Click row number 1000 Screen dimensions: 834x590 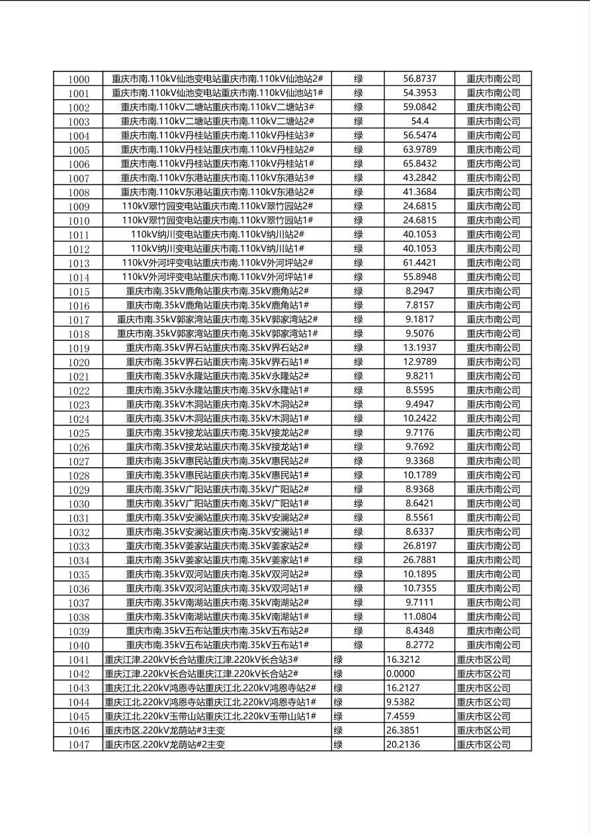pyautogui.click(x=79, y=79)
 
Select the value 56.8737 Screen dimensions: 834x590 pyautogui.click(x=419, y=79)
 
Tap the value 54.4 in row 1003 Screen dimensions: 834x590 pyautogui.click(x=419, y=121)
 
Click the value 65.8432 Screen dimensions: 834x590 pyautogui.click(x=419, y=163)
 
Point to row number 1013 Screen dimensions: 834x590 pyautogui.click(x=79, y=263)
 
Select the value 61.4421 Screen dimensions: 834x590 pyautogui.click(x=419, y=262)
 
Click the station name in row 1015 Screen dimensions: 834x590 pyautogui.click(x=218, y=291)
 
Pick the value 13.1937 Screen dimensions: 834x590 pyautogui.click(x=419, y=348)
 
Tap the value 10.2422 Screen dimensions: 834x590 pyautogui.click(x=419, y=418)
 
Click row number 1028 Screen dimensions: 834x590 pyautogui.click(x=79, y=476)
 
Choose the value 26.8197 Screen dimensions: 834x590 pyautogui.click(x=419, y=546)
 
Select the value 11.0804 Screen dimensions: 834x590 pyautogui.click(x=419, y=617)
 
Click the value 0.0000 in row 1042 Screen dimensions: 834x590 pyautogui.click(x=401, y=673)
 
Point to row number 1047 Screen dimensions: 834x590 pyautogui.click(x=79, y=745)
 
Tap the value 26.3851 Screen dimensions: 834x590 pyautogui.click(x=402, y=730)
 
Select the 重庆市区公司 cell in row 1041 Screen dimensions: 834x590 pyautogui.click(x=484, y=660)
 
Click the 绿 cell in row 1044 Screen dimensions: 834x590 pyautogui.click(x=338, y=702)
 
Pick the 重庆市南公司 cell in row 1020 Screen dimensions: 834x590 pyautogui.click(x=493, y=362)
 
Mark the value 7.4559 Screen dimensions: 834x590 pyautogui.click(x=401, y=716)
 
